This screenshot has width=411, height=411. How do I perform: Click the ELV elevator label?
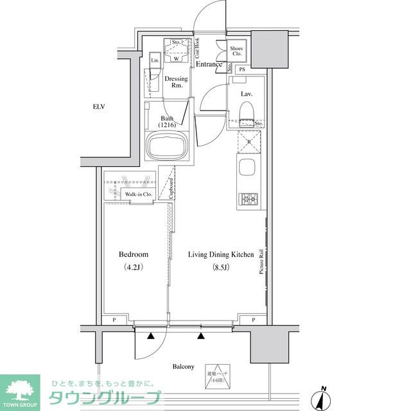pyautogui.click(x=98, y=107)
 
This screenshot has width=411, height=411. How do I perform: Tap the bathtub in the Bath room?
pyautogui.click(x=167, y=148)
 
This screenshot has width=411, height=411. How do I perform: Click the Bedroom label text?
pyautogui.click(x=134, y=254)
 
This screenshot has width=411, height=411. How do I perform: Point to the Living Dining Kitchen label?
pyautogui.click(x=221, y=255)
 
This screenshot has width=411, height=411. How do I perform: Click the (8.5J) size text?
pyautogui.click(x=221, y=267)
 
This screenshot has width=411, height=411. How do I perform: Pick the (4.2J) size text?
pyautogui.click(x=134, y=267)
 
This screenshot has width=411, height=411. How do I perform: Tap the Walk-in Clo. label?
pyautogui.click(x=138, y=194)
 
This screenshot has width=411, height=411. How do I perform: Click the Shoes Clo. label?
pyautogui.click(x=236, y=51)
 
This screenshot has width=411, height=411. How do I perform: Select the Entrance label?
pyautogui.click(x=209, y=64)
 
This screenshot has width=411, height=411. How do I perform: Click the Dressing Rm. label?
pyautogui.click(x=176, y=82)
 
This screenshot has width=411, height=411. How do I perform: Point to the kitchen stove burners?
pyautogui.click(x=248, y=200)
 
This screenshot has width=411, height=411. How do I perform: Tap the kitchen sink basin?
pyautogui.click(x=247, y=170)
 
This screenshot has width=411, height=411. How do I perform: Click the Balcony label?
pyautogui.click(x=183, y=367)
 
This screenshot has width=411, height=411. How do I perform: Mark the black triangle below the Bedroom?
pyautogui.click(x=151, y=336)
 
